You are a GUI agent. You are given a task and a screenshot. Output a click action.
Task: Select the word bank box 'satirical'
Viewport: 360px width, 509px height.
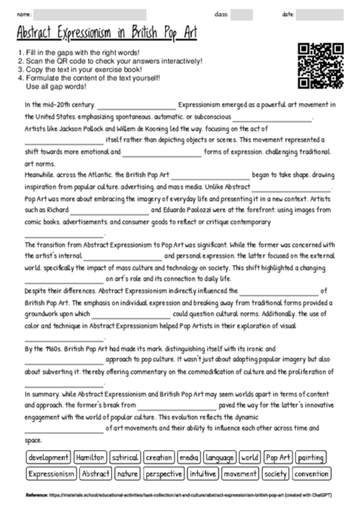[x=125, y=457]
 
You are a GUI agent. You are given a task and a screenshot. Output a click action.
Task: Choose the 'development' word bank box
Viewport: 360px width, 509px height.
[x=47, y=457]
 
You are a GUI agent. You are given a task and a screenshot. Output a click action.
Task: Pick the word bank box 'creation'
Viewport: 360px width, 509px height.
[x=160, y=457]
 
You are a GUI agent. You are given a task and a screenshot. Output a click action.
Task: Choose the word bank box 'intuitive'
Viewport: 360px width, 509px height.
[x=200, y=474]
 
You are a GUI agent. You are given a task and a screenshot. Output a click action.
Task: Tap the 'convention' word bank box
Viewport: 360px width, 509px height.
[x=311, y=474]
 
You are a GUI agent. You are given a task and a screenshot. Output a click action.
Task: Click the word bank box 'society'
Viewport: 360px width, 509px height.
[x=275, y=474]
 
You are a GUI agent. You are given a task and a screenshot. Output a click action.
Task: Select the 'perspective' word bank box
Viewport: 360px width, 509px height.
[x=164, y=474]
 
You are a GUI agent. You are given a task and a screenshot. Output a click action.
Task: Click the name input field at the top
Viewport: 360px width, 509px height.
[x=89, y=14]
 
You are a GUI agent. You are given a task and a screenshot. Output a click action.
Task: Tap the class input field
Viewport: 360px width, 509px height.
[x=241, y=14]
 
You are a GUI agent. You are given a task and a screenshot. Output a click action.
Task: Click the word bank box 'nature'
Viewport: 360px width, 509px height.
[x=127, y=474]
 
